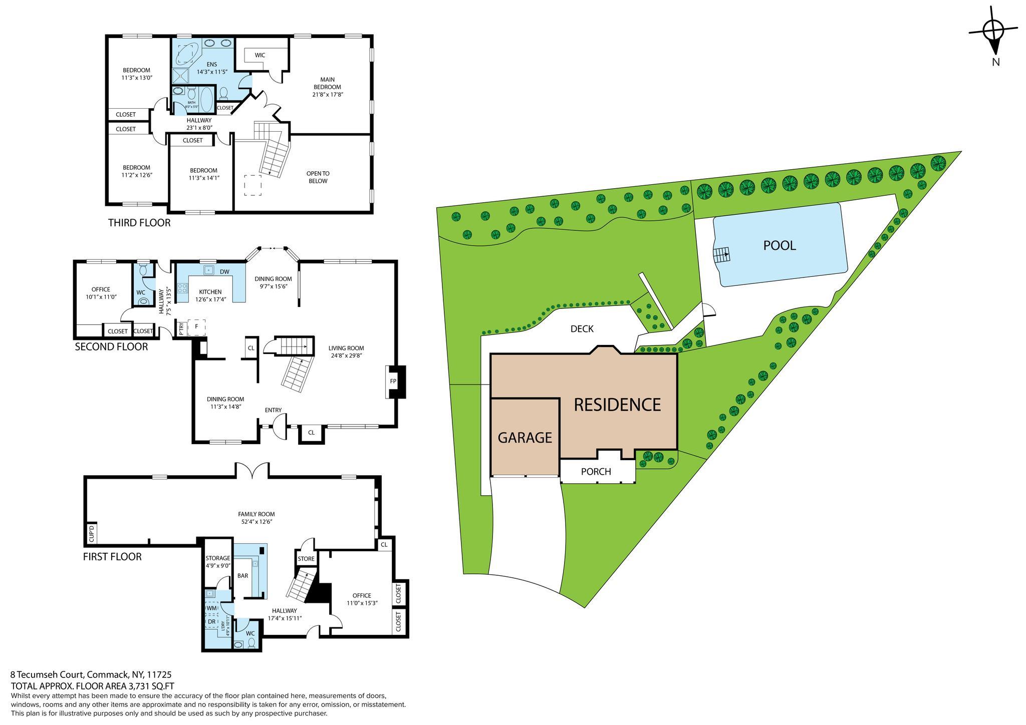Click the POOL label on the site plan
tap(779, 245)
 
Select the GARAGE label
tap(525, 438)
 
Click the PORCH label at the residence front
tap(596, 472)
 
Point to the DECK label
tap(582, 329)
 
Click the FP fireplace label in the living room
tap(393, 382)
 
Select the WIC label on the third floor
tap(260, 55)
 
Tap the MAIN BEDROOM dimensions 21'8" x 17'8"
tap(328, 95)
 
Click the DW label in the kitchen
tap(224, 272)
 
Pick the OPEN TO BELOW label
tap(318, 177)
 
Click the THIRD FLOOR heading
tap(139, 223)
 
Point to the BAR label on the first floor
tap(242, 576)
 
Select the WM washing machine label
tap(211, 608)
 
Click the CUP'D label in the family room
tap(92, 534)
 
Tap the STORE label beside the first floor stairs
tap(306, 559)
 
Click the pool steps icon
tap(721, 255)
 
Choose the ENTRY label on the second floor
tap(273, 410)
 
